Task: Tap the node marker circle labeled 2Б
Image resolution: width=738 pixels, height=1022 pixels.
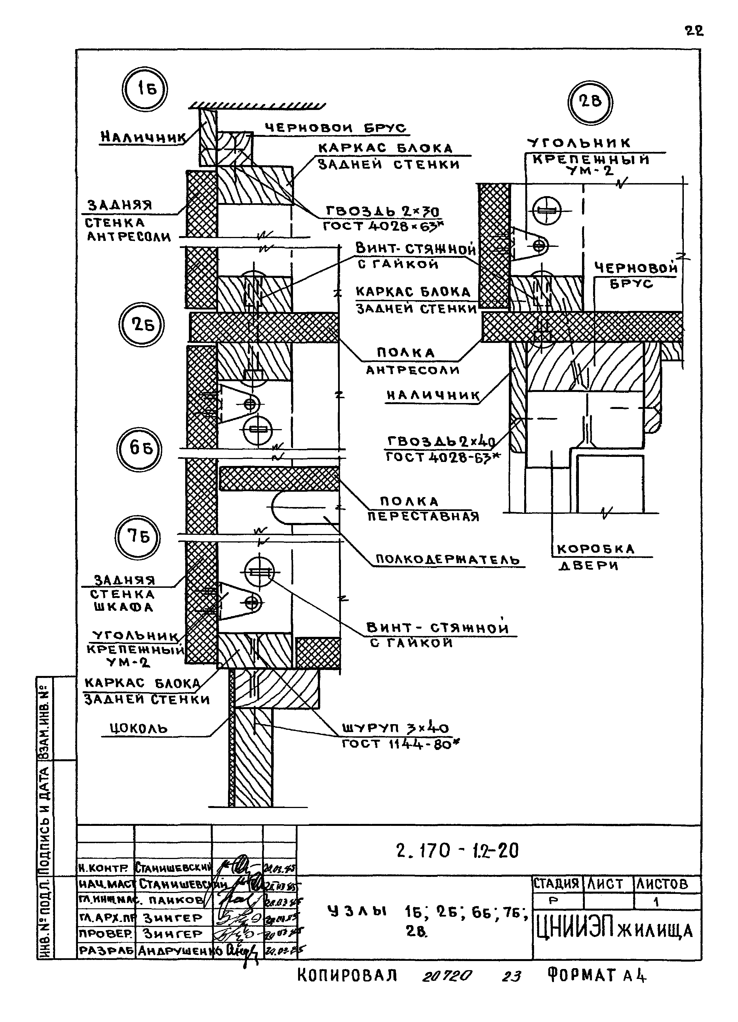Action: tap(142, 325)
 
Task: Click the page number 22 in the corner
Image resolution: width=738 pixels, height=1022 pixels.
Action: tap(694, 31)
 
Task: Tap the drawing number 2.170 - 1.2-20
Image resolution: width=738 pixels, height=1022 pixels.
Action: tap(457, 851)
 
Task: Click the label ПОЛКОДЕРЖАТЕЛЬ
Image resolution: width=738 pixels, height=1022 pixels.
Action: tap(448, 560)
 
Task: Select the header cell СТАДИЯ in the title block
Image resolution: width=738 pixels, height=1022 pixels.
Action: tap(556, 884)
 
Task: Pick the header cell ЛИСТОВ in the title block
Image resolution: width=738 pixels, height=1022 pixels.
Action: tap(662, 884)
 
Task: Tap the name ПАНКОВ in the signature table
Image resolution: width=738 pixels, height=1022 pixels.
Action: tap(176, 900)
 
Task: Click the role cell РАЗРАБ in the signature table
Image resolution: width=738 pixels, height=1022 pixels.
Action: tap(106, 950)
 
